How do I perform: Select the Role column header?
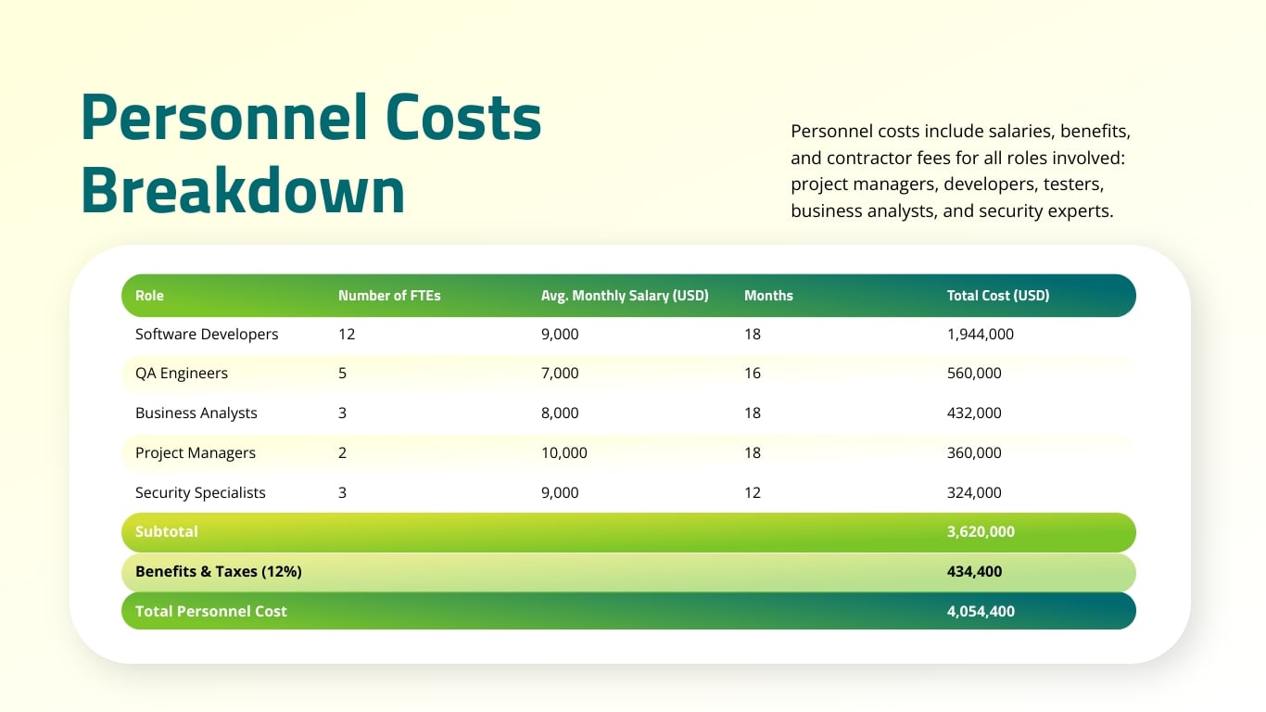pyautogui.click(x=149, y=296)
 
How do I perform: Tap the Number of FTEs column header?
pyautogui.click(x=389, y=296)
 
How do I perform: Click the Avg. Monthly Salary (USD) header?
pyautogui.click(x=625, y=296)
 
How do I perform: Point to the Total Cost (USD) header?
pyautogui.click(x=998, y=296)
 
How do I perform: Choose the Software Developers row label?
pyautogui.click(x=207, y=334)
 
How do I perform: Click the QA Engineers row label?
pyautogui.click(x=182, y=373)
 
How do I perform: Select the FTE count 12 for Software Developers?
pyautogui.click(x=347, y=334)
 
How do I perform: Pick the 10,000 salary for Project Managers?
pyautogui.click(x=564, y=452)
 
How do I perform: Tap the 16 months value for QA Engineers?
pyautogui.click(x=753, y=373)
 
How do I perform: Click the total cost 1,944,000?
pyautogui.click(x=981, y=334)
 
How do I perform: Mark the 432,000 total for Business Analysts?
pyautogui.click(x=974, y=413)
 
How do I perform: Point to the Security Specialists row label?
pyautogui.click(x=200, y=492)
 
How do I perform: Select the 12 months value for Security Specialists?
pyautogui.click(x=753, y=492)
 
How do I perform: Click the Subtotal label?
pyautogui.click(x=167, y=531)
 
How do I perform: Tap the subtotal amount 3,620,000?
pyautogui.click(x=981, y=531)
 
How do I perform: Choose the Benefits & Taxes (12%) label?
pyautogui.click(x=219, y=571)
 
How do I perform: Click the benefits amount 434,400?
pyautogui.click(x=974, y=571)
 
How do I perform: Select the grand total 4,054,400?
pyautogui.click(x=981, y=611)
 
